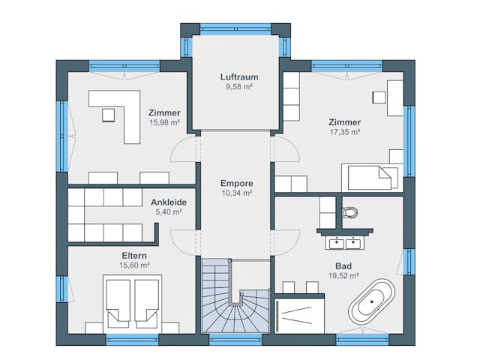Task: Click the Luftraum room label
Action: pyautogui.click(x=239, y=76)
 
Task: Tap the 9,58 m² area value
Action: pyautogui.click(x=239, y=87)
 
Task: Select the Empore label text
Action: pyautogui.click(x=237, y=183)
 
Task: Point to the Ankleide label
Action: pyautogui.click(x=169, y=202)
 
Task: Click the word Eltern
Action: pyautogui.click(x=134, y=256)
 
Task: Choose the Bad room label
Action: pyautogui.click(x=343, y=266)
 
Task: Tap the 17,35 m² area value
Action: pyautogui.click(x=345, y=132)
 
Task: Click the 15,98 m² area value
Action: pyautogui.click(x=164, y=122)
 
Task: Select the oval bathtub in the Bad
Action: pyautogui.click(x=371, y=301)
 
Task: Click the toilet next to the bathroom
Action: pyautogui.click(x=350, y=211)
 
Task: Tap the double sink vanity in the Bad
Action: pyautogui.click(x=345, y=243)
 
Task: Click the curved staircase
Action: pyautogui.click(x=235, y=295)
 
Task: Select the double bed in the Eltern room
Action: pyautogui.click(x=132, y=304)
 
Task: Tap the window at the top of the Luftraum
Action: pyautogui.click(x=235, y=28)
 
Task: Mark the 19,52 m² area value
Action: pyautogui.click(x=343, y=276)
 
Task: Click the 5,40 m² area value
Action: pyautogui.click(x=169, y=211)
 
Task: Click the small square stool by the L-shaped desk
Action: pyautogui.click(x=108, y=115)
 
